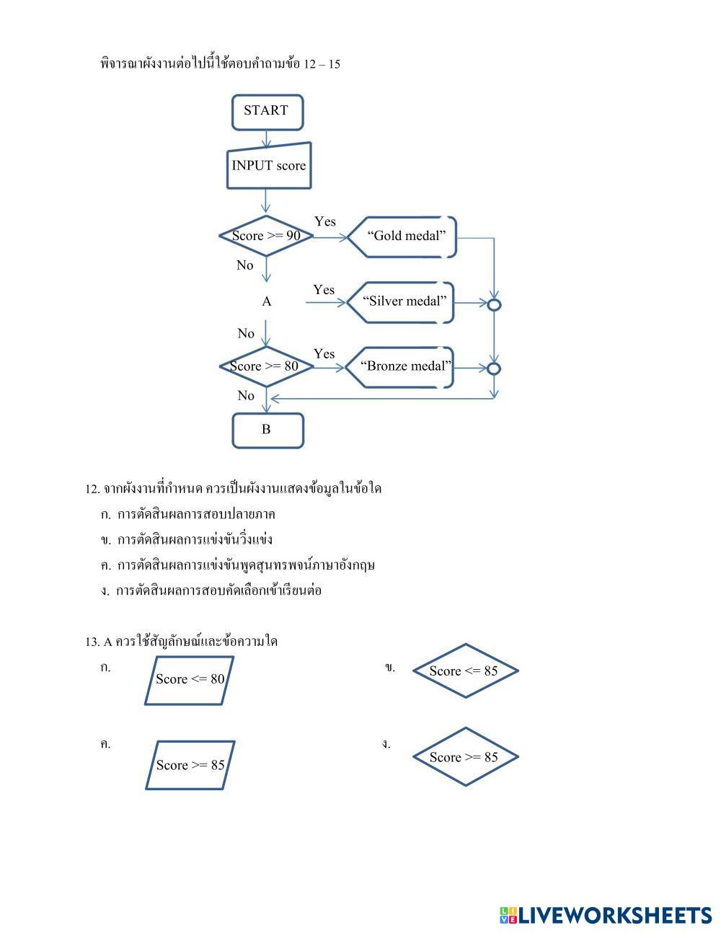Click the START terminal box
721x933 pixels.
coord(267,112)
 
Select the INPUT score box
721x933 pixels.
coord(268,167)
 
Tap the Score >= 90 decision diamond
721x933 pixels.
coord(267,236)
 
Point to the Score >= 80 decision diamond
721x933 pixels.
coord(265,366)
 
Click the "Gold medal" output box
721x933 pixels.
coord(404,236)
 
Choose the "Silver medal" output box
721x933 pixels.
coord(402,301)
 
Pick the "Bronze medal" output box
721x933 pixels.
coord(401,366)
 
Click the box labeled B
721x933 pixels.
coord(267,430)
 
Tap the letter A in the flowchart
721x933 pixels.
coord(267,301)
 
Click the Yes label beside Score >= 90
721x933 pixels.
coord(324,221)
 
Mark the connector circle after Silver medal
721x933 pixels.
coord(494,304)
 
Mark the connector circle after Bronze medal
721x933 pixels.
coord(494,369)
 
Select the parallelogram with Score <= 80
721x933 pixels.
coord(190,679)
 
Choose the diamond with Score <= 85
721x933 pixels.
coord(465,671)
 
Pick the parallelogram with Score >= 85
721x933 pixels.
coord(190,765)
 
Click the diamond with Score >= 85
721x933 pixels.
coord(465,757)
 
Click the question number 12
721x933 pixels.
coord(92,489)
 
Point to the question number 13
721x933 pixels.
coord(92,642)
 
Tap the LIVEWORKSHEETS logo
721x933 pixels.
coord(605,915)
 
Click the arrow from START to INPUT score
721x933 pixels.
coord(267,139)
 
